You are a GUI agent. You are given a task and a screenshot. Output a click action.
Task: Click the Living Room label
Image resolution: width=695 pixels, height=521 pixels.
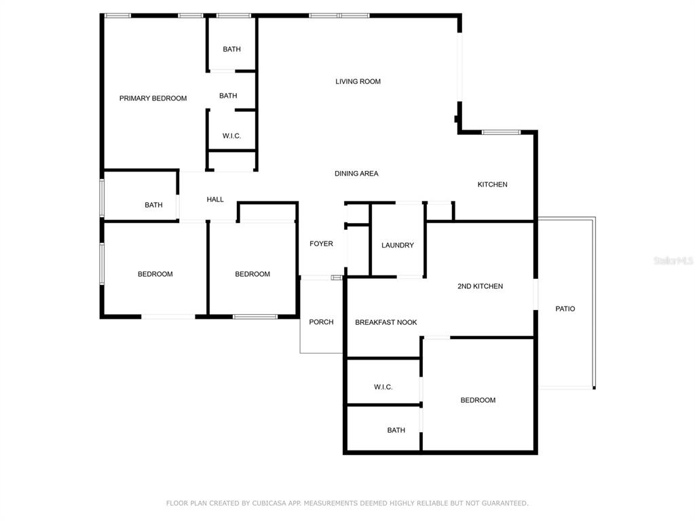(358, 81)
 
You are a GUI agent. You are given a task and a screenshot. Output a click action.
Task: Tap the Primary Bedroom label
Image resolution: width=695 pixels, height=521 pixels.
(153, 98)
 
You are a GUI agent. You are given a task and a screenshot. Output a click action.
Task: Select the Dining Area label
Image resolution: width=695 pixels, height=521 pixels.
(356, 174)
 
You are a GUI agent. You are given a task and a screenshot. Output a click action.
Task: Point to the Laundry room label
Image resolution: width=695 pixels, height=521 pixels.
(398, 245)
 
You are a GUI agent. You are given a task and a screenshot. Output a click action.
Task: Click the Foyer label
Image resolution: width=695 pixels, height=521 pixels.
(321, 244)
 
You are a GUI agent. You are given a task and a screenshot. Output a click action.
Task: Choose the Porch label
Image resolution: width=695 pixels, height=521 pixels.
(321, 322)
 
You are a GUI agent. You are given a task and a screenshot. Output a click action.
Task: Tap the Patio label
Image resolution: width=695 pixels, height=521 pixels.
(565, 309)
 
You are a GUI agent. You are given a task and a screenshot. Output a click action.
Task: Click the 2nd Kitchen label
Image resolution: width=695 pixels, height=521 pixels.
(480, 286)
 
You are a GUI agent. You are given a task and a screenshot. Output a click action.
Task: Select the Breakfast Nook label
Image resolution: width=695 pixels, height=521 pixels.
(386, 322)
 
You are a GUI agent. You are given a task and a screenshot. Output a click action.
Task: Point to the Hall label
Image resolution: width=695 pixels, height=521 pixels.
(215, 199)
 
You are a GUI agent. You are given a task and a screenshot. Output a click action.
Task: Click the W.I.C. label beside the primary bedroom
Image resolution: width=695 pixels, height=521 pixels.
(232, 136)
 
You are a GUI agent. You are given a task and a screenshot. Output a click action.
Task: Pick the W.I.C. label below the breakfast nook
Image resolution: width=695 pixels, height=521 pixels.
(383, 387)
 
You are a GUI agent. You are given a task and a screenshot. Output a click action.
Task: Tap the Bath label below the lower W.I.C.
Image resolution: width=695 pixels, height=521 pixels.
(396, 430)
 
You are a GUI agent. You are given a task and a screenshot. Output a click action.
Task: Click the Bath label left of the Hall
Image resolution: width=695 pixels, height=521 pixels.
(153, 205)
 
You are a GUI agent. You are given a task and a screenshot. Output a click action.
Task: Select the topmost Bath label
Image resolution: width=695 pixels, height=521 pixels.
(232, 49)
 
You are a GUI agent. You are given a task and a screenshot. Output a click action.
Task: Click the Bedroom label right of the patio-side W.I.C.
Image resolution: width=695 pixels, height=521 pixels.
(478, 400)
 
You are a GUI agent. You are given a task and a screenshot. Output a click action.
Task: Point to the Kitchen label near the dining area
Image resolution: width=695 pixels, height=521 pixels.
(492, 185)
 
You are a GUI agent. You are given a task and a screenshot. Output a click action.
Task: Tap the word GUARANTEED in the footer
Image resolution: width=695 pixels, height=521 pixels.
(505, 503)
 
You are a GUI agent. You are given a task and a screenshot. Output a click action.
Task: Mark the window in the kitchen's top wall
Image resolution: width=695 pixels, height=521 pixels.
(501, 132)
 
